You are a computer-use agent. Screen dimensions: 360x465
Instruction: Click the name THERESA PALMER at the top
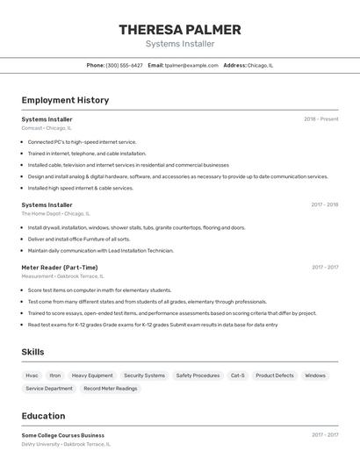pos(179,30)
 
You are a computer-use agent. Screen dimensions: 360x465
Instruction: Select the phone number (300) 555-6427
pos(124,65)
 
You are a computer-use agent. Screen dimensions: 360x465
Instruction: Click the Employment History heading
pos(65,100)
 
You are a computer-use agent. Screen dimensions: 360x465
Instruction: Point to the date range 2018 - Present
pos(320,119)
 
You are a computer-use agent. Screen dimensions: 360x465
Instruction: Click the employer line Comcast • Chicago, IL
pos(47,128)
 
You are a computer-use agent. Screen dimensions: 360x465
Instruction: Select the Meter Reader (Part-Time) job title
pos(59,268)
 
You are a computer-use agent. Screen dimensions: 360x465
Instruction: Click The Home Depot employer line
pos(55,213)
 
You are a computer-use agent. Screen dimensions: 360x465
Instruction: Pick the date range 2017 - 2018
pos(324,205)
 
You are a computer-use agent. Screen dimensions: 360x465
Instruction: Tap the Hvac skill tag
pos(32,376)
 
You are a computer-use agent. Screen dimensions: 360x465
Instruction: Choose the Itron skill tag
pos(55,376)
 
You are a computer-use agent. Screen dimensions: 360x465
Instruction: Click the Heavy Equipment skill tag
pos(92,376)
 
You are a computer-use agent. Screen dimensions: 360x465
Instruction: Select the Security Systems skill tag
pos(144,376)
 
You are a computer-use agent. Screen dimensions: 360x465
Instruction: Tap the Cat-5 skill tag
pos(238,376)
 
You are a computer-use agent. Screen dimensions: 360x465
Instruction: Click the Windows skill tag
pos(315,376)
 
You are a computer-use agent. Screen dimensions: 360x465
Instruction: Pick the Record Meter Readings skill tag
pos(111,388)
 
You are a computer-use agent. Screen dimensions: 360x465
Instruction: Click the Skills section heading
pos(33,352)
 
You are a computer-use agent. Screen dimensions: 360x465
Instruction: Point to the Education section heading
pos(43,416)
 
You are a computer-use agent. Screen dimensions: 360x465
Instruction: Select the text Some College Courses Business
pos(62,435)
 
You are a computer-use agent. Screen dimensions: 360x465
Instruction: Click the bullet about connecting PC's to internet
pos(82,141)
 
